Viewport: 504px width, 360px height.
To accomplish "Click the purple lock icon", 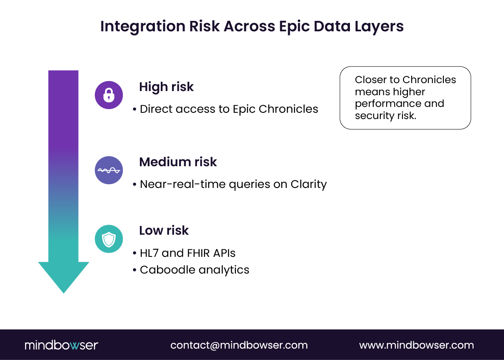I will click(109, 95).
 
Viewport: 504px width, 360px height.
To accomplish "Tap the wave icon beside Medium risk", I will click(109, 170).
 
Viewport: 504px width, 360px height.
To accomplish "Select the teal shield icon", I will click(109, 239).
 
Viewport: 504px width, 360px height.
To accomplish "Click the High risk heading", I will click(166, 87).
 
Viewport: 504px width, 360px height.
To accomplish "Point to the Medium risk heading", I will click(178, 162).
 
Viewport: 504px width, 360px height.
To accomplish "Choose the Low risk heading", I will click(164, 231).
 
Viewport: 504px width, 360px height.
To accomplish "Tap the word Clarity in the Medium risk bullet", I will click(309, 184).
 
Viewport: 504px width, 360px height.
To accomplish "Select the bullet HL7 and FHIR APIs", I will click(187, 253).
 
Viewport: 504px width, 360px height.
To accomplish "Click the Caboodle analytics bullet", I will click(194, 270).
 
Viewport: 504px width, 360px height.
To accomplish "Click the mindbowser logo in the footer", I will click(61, 345).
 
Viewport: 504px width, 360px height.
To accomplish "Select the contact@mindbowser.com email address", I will click(239, 345).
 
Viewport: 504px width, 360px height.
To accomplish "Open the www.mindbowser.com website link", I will click(416, 345).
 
